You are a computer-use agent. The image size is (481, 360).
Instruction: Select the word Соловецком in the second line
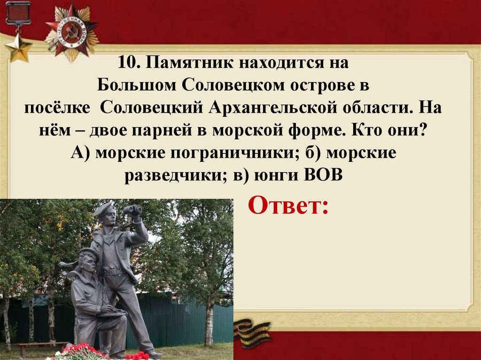[x=229, y=85]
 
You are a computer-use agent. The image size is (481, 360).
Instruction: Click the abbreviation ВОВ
[x=324, y=176]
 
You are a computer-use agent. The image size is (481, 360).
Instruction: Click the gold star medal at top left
[x=18, y=47]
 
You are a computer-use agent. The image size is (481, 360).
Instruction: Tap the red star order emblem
[x=72, y=31]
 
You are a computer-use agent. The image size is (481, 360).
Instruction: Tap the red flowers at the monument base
[x=80, y=352]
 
